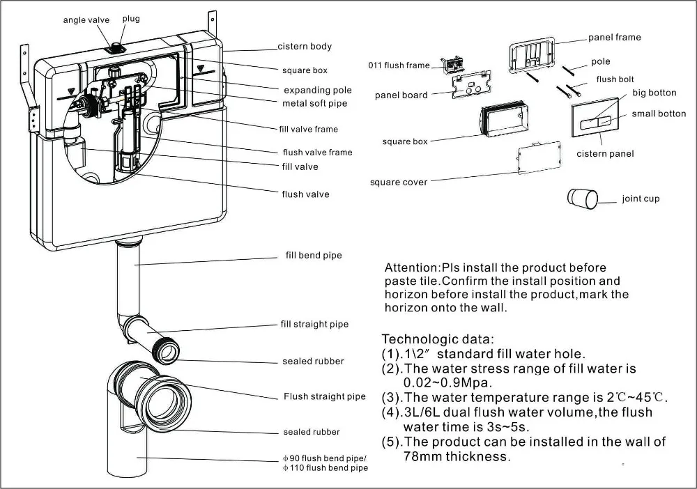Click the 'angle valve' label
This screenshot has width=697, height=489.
tap(86, 20)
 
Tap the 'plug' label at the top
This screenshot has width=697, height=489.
tap(131, 19)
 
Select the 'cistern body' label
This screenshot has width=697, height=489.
tap(305, 47)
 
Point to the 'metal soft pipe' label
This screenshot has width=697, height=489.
tap(314, 104)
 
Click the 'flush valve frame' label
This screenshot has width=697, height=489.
tap(317, 153)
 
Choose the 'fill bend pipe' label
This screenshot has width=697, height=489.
tap(314, 256)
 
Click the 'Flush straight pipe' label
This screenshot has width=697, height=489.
tap(324, 397)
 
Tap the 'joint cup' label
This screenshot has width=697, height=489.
tap(641, 199)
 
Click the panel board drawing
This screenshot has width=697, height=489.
tap(470, 87)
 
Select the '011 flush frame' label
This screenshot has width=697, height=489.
tap(399, 65)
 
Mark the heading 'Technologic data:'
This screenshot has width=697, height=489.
tap(438, 339)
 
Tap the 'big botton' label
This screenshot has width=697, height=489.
tap(654, 93)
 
